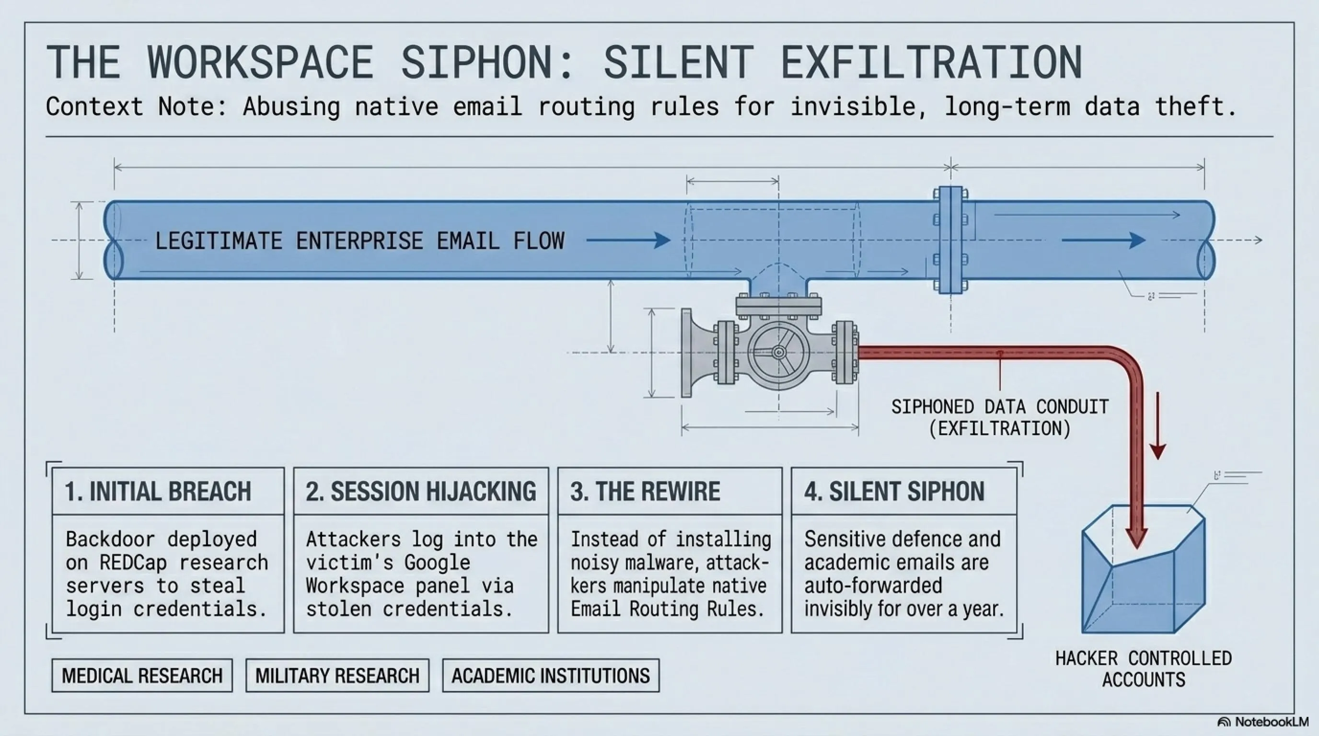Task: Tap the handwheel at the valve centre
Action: point(779,353)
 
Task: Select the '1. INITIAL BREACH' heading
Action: point(158,491)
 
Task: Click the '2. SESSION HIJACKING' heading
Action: point(421,491)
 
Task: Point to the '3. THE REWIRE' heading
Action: point(645,491)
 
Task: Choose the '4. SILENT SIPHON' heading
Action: point(894,491)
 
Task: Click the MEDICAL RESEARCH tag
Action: point(142,676)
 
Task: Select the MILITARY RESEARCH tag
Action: point(337,676)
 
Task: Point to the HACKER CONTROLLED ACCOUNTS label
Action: point(1144,669)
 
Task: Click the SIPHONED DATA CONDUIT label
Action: point(1000,418)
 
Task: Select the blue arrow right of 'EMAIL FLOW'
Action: point(628,240)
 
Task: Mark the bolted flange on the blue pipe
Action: point(951,240)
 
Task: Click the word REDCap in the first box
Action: point(133,563)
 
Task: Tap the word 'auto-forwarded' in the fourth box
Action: point(873,586)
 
